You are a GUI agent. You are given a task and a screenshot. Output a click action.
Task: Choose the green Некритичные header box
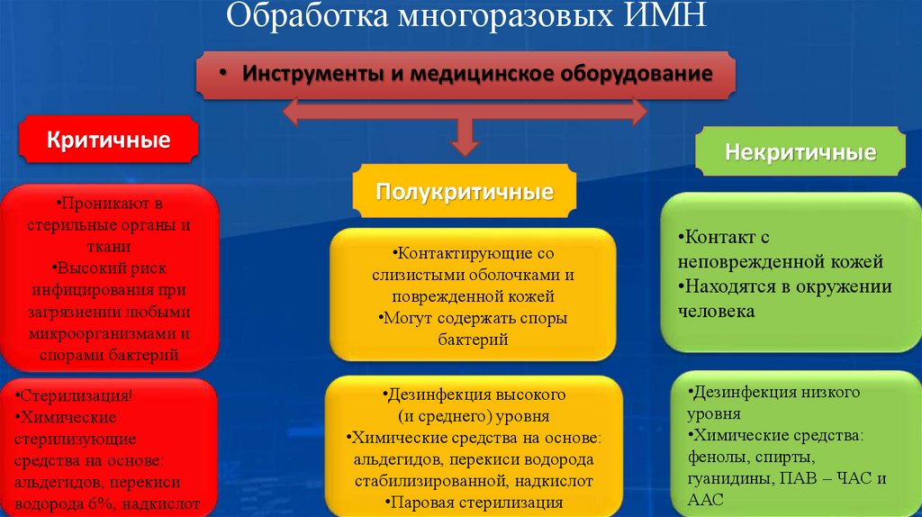coord(800,152)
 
